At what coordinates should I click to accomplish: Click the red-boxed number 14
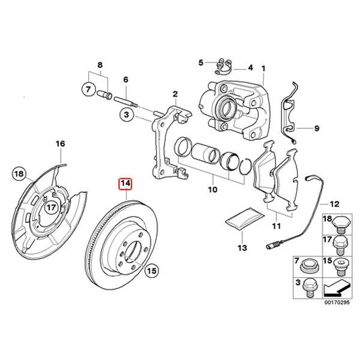tap(126, 184)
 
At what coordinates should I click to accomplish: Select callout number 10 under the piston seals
tap(211, 190)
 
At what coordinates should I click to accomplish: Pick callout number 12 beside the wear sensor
tap(334, 203)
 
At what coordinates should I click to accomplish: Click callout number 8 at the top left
tap(100, 64)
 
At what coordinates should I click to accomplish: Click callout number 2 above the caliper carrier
tap(175, 94)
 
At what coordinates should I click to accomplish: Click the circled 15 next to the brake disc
tap(152, 272)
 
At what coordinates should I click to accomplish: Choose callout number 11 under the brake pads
tap(275, 226)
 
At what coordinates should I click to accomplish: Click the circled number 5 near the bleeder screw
tap(202, 62)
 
